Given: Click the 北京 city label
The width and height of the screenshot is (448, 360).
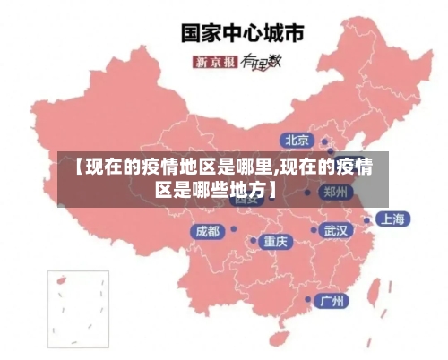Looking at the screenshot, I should (297, 140).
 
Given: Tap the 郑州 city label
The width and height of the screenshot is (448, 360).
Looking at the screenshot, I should (337, 192).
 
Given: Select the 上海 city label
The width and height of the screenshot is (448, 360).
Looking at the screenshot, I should (392, 219).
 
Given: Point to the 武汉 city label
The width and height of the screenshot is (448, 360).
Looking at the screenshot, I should (336, 230).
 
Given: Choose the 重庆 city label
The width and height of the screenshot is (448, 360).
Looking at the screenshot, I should (275, 241).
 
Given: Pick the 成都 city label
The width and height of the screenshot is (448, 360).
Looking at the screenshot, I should (207, 231).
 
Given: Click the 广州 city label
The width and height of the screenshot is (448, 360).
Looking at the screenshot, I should (332, 300).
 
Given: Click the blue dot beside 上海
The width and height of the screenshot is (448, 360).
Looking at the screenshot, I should (366, 219).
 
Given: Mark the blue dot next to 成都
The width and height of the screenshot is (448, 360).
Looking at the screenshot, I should (232, 231).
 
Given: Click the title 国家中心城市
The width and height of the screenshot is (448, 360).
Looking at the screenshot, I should (243, 33).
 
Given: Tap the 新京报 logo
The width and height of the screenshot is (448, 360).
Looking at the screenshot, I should (215, 62).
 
